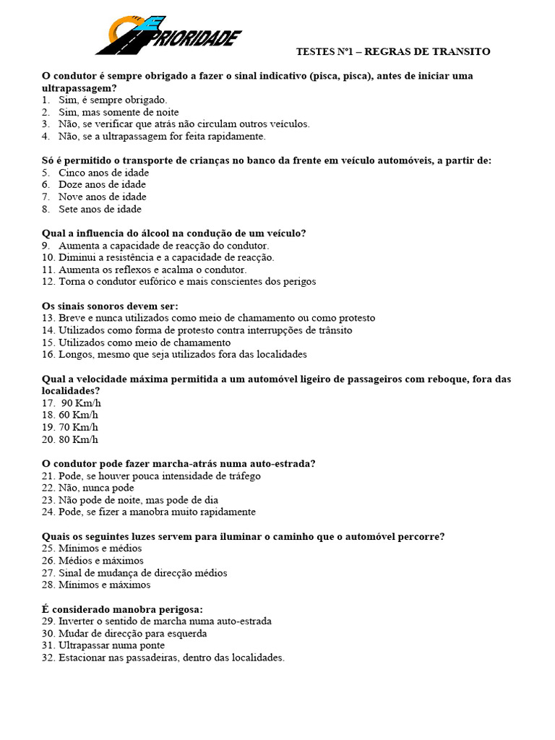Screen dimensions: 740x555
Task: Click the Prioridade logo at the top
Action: tap(169, 36)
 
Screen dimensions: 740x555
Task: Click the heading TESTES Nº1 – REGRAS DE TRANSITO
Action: tap(393, 51)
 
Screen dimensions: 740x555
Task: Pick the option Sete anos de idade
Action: tap(100, 209)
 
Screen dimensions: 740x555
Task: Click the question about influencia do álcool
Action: tap(174, 233)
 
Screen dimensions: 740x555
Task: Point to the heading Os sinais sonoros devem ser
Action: tap(110, 306)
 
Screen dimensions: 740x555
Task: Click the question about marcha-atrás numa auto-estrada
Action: tap(179, 463)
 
